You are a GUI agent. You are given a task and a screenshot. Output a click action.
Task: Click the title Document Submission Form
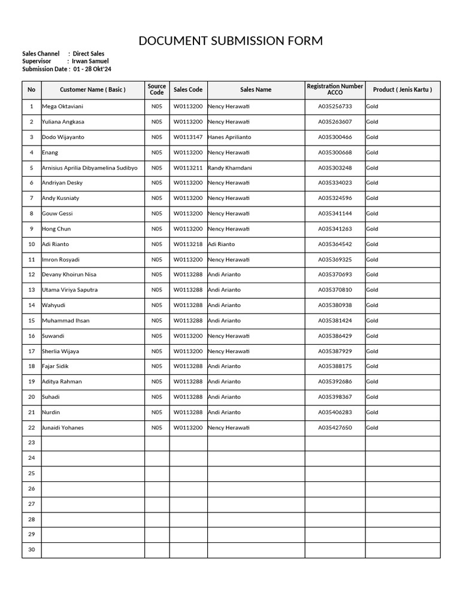[230, 41]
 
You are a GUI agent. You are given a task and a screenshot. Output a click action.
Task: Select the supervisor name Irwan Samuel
[90, 61]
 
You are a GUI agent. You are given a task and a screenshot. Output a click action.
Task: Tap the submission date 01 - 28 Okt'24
[92, 69]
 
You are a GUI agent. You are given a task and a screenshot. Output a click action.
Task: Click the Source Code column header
[156, 90]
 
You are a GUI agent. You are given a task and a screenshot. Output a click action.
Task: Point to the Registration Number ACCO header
[335, 90]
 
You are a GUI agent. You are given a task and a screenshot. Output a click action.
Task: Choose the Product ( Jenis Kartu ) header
[402, 90]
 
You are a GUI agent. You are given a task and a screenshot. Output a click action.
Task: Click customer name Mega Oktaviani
[62, 107]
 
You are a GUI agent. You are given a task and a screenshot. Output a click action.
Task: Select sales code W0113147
[188, 137]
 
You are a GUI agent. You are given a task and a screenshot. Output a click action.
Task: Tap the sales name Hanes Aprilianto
[229, 137]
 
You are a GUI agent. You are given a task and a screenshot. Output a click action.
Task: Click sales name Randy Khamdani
[230, 168]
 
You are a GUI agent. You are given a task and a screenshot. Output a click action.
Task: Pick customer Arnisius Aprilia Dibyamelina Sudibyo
[90, 168]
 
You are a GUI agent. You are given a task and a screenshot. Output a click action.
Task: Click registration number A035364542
[335, 244]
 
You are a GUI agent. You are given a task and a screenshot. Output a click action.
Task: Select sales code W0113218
[188, 244]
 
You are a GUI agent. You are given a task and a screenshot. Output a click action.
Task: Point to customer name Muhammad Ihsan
[66, 321]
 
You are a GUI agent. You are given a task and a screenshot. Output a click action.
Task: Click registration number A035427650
[335, 428]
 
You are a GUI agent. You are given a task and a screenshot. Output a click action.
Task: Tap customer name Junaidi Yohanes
[63, 428]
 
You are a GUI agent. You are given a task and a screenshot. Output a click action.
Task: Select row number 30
[31, 550]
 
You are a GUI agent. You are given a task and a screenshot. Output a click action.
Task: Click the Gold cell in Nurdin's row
[372, 412]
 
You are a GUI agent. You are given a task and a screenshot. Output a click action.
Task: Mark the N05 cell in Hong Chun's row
[156, 229]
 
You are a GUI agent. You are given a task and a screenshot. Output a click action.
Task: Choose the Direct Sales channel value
[89, 54]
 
